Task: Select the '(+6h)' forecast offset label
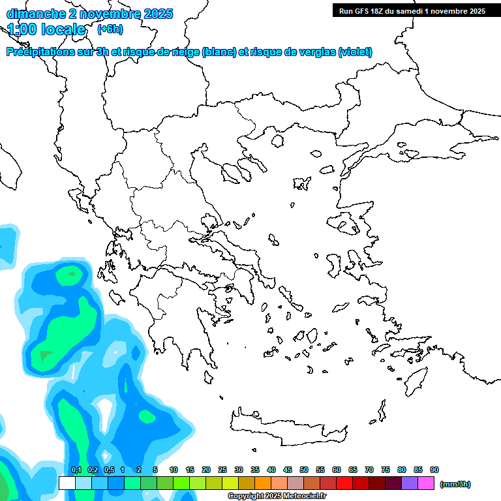110,29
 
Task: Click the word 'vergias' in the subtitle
314,52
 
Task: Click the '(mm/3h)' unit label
455,484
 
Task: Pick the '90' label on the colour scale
434,470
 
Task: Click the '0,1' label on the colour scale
76,470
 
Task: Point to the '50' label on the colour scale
304,470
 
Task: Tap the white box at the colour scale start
67,483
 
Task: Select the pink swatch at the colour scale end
426,483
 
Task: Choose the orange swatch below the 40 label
263,483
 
